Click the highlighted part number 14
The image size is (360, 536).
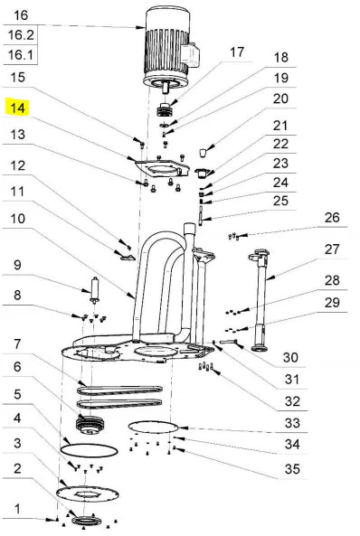(18, 108)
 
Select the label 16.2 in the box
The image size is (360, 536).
(21, 35)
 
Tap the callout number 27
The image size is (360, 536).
(332, 249)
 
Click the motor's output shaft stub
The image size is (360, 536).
(166, 89)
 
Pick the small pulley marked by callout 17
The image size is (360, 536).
(164, 109)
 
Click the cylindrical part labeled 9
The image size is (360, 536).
(94, 290)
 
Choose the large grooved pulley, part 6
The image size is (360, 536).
(90, 425)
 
